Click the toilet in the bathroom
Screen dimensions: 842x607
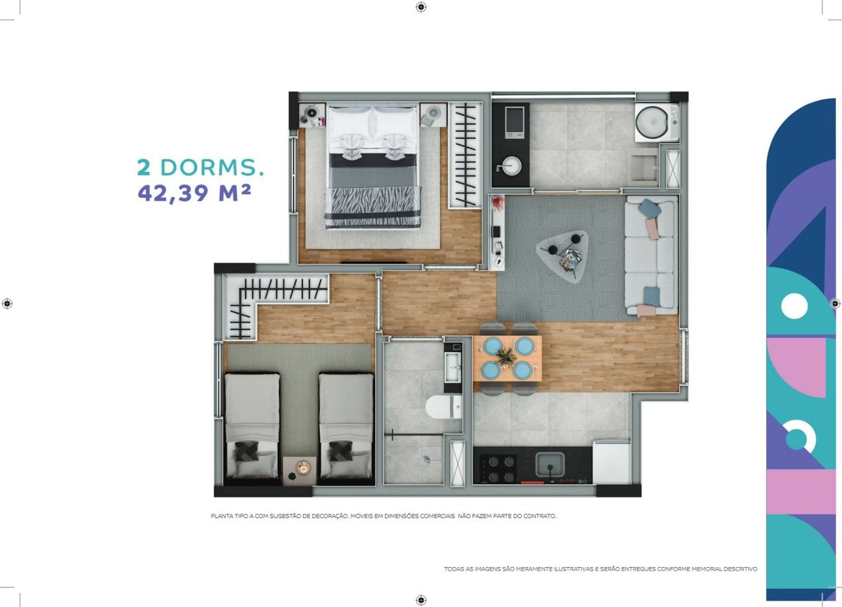[x=443, y=407]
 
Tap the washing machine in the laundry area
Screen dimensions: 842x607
[x=657, y=122]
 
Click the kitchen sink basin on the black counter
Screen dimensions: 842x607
[x=550, y=465]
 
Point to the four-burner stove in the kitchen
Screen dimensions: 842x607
[x=498, y=468]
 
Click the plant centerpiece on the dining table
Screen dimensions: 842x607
[x=507, y=356]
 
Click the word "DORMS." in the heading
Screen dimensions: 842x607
[x=213, y=167]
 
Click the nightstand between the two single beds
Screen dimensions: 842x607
[x=300, y=471]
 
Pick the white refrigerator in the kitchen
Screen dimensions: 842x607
[x=612, y=463]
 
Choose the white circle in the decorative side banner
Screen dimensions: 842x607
[x=794, y=306]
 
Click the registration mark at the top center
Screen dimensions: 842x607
[x=421, y=7]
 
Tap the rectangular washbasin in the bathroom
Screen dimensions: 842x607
[x=453, y=366]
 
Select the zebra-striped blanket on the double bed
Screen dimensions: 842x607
[x=373, y=207]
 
